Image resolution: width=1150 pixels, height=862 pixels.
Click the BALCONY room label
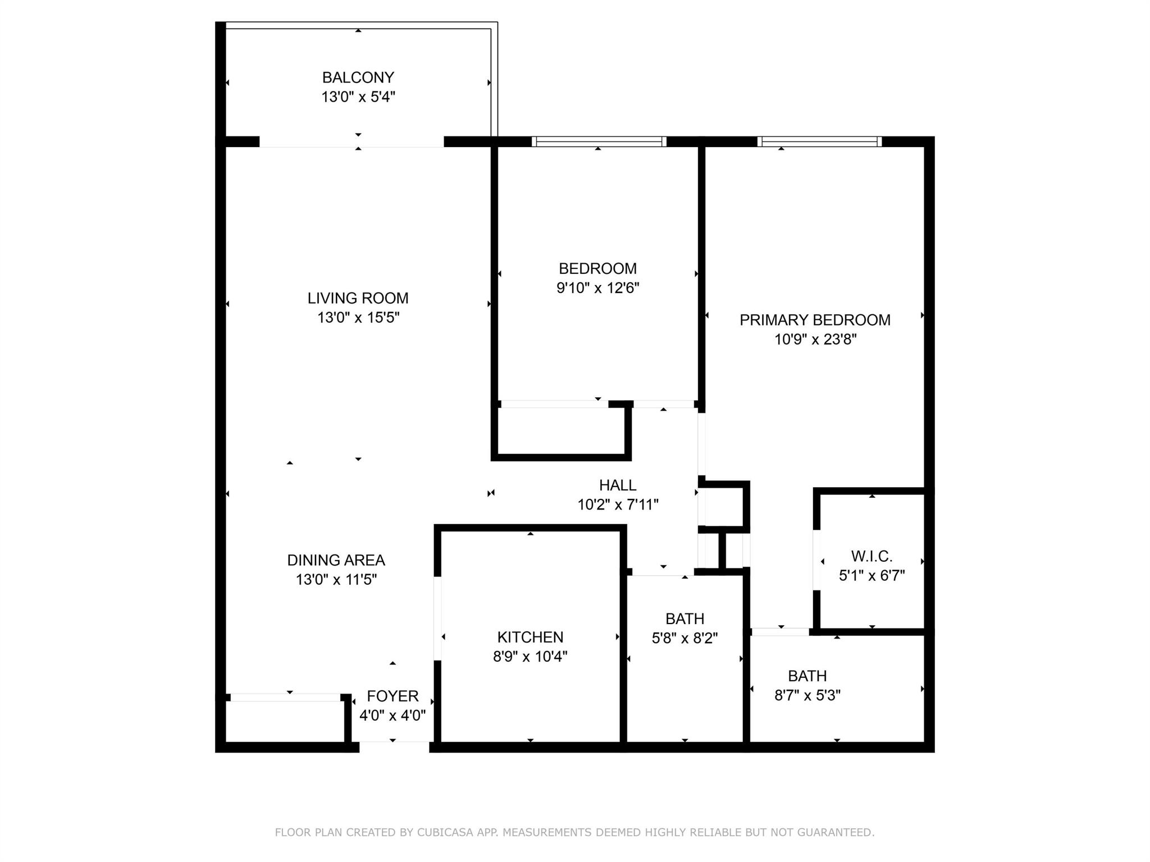(358, 77)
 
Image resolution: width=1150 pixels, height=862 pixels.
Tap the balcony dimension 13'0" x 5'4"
(358, 97)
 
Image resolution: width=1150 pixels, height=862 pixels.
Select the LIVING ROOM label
(358, 298)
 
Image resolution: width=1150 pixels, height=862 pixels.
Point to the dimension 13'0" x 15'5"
(358, 318)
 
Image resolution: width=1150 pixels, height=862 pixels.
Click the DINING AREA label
(336, 560)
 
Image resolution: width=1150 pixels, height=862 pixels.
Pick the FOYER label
(393, 696)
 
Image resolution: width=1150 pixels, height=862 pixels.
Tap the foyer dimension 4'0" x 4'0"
(393, 716)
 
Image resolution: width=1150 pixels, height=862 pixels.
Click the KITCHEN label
(531, 637)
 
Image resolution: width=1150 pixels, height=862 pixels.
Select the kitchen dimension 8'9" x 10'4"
(531, 657)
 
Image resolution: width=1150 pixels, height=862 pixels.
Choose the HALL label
(618, 485)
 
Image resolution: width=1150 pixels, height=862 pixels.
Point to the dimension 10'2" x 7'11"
(618, 505)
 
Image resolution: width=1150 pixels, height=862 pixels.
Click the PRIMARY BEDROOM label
(815, 320)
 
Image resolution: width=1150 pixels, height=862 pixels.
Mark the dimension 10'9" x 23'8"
(815, 340)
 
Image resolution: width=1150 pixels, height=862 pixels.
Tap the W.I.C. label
(872, 556)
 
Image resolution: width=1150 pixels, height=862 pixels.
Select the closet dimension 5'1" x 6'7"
(872, 576)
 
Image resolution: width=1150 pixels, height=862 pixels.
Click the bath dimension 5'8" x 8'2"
(685, 638)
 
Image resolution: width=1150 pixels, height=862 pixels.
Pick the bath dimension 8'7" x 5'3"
(807, 695)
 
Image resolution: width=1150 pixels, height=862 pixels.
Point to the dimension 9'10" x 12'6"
(598, 288)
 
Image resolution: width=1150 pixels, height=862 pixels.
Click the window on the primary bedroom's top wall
(820, 141)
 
